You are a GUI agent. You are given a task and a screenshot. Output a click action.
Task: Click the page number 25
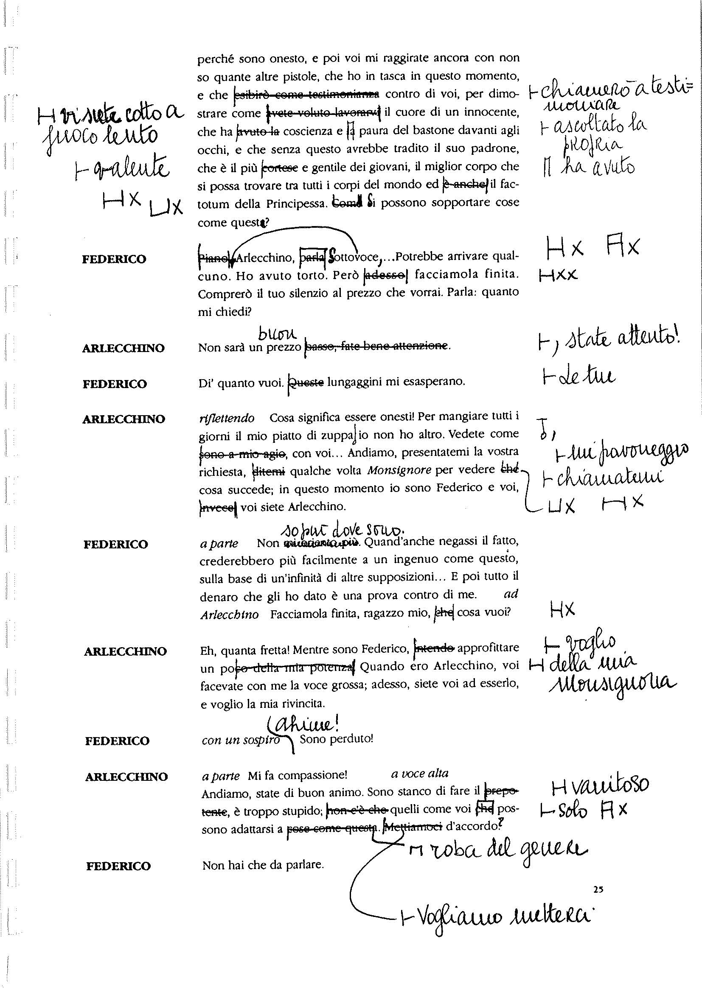point(598,889)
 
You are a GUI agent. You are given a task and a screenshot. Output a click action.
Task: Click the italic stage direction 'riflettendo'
point(227,418)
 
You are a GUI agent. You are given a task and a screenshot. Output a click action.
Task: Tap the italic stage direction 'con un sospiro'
point(240,741)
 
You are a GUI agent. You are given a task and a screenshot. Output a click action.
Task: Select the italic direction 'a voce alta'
point(419,774)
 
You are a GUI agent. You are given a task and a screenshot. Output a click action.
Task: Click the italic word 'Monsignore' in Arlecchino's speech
point(399,470)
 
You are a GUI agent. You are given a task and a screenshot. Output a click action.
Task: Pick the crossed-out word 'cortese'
point(280,168)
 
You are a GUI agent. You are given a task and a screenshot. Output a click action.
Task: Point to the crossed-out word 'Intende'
point(434,648)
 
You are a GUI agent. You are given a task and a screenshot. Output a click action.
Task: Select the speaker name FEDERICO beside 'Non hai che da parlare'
point(118,866)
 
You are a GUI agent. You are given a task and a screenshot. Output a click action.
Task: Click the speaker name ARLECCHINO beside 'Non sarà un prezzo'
point(123,348)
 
